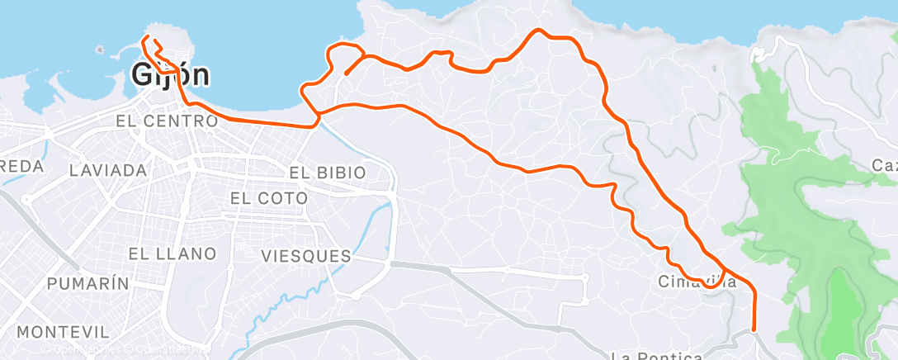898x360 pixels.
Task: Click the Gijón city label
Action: [170, 75]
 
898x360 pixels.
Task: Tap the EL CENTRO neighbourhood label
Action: [167, 121]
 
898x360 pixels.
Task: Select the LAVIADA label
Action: [108, 170]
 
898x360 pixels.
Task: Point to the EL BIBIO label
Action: [328, 173]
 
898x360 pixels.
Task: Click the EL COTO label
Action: [268, 198]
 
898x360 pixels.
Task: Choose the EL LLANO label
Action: [172, 253]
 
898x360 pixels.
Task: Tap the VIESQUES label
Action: [305, 256]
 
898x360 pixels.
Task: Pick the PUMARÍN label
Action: [88, 283]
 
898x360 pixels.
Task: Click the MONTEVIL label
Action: [63, 332]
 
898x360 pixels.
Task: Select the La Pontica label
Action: [659, 356]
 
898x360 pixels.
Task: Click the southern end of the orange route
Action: [754, 329]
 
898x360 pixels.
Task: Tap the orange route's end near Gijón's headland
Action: [144, 38]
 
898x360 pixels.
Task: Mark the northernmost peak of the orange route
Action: [539, 31]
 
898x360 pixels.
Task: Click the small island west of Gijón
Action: [101, 50]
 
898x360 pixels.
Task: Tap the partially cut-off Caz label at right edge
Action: [884, 166]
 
